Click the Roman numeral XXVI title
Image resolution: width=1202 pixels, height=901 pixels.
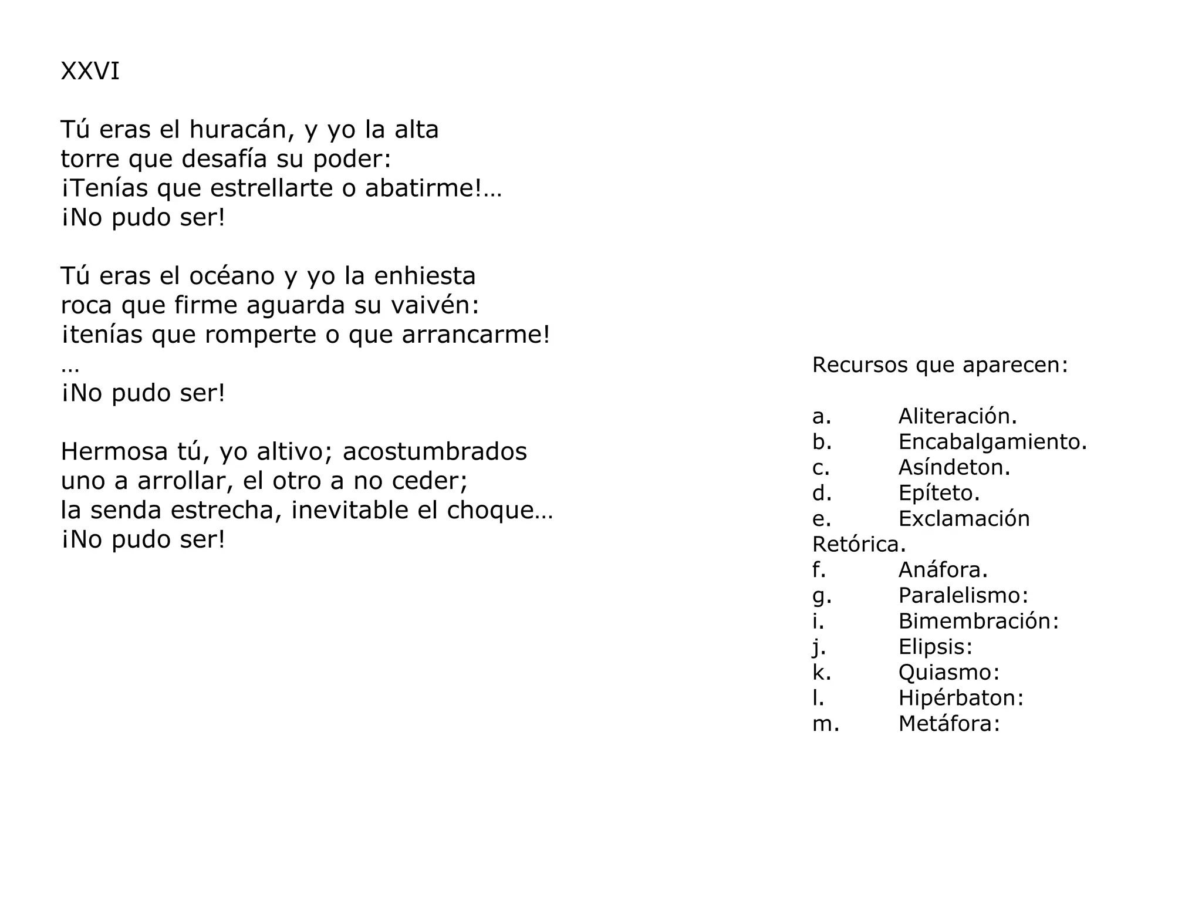click(x=90, y=72)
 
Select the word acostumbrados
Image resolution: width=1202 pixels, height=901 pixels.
click(x=435, y=451)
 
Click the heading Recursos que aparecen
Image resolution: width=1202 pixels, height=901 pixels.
click(x=940, y=365)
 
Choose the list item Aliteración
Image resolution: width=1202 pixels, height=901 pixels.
click(x=957, y=416)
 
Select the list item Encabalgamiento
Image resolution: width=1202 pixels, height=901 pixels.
click(x=992, y=442)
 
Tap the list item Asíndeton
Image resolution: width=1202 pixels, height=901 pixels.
click(x=954, y=467)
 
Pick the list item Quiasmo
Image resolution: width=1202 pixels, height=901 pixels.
click(x=948, y=672)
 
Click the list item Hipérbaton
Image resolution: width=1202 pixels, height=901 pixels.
click(x=961, y=698)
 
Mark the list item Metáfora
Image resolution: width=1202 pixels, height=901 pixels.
click(x=948, y=724)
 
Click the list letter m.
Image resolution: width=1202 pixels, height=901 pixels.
click(x=825, y=724)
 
